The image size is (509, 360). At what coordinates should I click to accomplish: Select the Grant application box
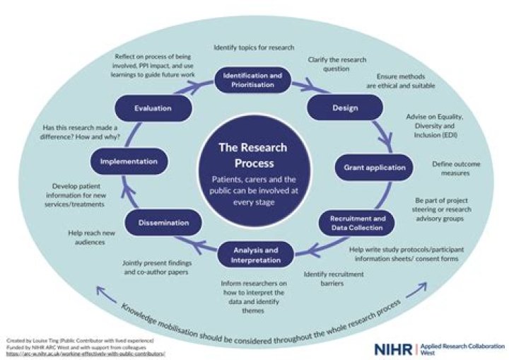point(375,168)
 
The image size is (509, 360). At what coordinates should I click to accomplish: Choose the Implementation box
point(128,161)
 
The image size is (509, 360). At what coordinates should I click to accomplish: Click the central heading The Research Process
point(253,153)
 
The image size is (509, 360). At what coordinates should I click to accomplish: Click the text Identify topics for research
point(253,49)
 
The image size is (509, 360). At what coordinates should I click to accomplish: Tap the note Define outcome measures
point(452,168)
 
